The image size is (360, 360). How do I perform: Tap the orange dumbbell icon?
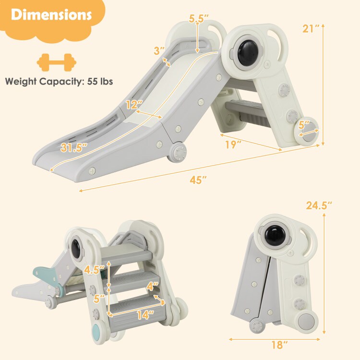coord(56,62)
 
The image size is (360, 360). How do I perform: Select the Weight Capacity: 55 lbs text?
coord(59,81)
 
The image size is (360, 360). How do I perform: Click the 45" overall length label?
coord(198,180)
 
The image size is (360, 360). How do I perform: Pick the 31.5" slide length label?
coord(74,147)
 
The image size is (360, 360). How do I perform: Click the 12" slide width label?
coord(134,105)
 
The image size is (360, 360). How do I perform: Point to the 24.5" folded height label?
coord(319,205)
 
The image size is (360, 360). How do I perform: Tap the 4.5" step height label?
coord(94,269)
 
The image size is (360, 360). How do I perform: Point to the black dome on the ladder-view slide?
coord(76,249)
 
